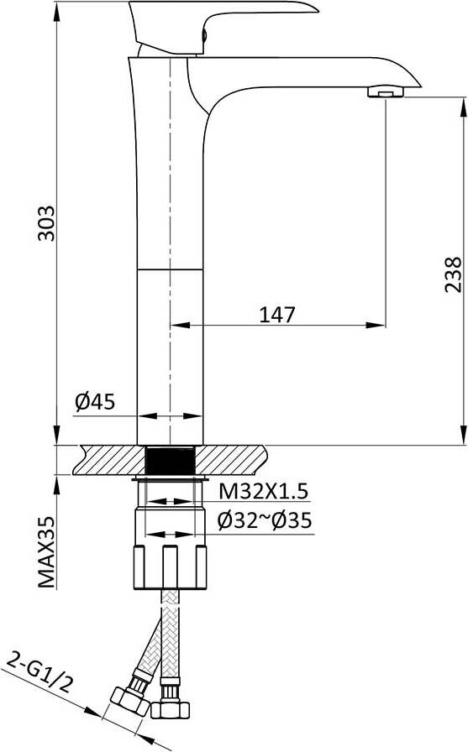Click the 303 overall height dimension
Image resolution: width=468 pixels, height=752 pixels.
point(46,223)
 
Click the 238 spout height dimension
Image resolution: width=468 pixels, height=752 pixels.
point(453,274)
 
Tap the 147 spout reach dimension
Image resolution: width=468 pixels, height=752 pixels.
point(277,315)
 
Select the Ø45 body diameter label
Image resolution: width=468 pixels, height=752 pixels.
point(95,402)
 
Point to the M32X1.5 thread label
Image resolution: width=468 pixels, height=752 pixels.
point(263,491)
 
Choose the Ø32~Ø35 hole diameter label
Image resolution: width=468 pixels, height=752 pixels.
point(265,520)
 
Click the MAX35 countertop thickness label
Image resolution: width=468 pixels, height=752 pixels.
point(46,552)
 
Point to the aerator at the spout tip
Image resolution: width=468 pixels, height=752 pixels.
point(386,91)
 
